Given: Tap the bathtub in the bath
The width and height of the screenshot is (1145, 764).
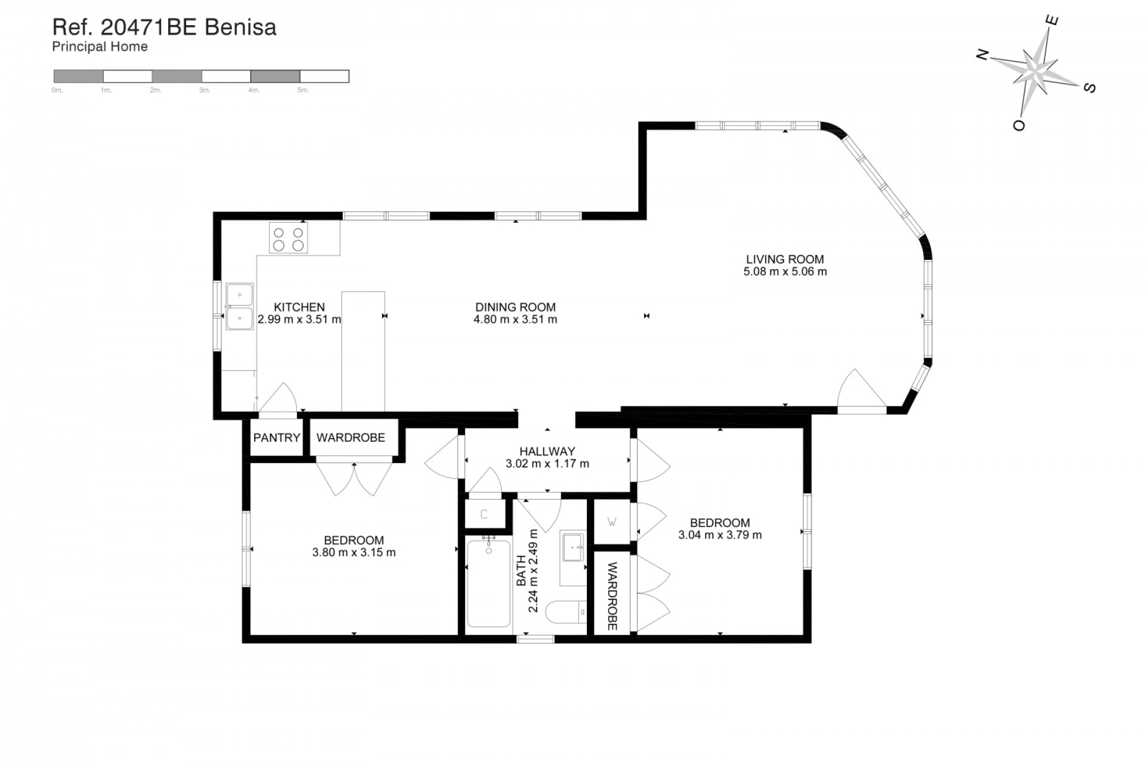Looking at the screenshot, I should pos(488,583).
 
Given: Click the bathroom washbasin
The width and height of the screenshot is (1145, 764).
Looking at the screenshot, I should pos(573,547).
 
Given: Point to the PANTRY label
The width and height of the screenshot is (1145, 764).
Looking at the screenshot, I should pos(277,438).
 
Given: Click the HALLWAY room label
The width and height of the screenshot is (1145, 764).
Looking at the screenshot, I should pos(547,451).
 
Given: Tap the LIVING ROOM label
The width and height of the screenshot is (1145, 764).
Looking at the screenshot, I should pos(785,259).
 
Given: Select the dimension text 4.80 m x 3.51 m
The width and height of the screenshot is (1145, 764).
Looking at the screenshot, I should pos(515,319).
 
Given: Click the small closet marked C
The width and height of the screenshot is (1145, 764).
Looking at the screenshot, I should pos(484,514).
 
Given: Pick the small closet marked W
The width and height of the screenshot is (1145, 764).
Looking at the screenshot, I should pos(612,522).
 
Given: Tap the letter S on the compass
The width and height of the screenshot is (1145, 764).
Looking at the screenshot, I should pos(1089,88).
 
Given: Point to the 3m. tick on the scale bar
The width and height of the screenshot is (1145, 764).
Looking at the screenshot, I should pos(205,90).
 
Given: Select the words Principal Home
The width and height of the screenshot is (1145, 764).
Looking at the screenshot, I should pos(100,47).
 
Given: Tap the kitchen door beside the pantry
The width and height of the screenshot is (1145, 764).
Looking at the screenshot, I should pos(278,399).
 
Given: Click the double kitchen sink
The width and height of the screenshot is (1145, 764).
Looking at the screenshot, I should pos(240,307).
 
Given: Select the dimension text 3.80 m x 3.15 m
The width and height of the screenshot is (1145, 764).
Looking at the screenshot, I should pos(354,553).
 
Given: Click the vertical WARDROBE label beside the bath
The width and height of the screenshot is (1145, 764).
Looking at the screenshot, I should pos(612,596).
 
